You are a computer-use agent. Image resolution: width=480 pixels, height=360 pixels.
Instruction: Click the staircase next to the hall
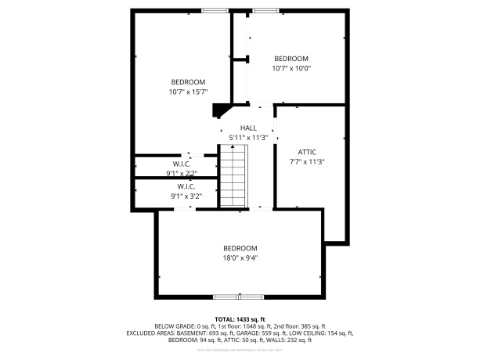[233, 178]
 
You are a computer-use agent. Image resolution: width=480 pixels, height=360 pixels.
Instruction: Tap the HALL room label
[248, 128]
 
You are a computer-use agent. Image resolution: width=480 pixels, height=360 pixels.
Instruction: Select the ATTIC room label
[307, 152]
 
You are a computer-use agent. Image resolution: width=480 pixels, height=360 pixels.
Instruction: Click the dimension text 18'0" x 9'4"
[240, 257]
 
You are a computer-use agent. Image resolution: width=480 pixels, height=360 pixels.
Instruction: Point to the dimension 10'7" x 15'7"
[188, 92]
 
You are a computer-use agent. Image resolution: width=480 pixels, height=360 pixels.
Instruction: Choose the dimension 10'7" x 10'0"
[291, 68]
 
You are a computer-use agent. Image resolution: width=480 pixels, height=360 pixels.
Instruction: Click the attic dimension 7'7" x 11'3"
[307, 162]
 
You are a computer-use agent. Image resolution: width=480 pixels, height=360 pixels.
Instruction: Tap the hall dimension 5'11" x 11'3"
[248, 138]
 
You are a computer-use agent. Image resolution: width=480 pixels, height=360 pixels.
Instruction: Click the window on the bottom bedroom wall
[240, 297]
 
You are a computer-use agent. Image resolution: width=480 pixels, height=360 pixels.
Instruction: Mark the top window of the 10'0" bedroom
[265, 10]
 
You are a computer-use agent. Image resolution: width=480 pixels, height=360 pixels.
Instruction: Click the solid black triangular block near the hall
[222, 110]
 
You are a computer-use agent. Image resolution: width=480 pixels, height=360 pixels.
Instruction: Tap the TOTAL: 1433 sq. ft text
[240, 319]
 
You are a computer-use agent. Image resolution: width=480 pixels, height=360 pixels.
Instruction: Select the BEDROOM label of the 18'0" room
[240, 248]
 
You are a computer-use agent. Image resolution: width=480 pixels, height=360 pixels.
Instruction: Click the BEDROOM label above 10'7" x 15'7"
[188, 82]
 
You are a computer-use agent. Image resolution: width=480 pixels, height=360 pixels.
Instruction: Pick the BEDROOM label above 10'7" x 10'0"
[291, 59]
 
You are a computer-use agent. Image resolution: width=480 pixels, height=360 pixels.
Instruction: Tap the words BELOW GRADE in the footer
[174, 326]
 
